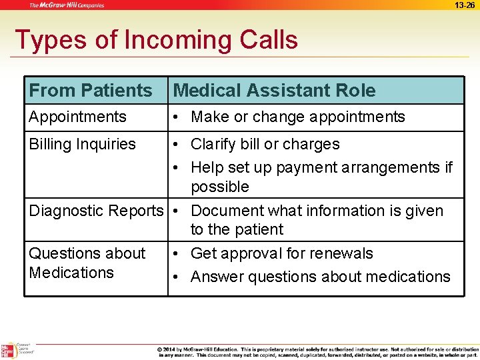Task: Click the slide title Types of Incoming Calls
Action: pyautogui.click(x=156, y=40)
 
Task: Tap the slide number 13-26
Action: pyautogui.click(x=465, y=5)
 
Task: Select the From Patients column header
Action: pyautogui.click(x=91, y=91)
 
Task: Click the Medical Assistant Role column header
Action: pyautogui.click(x=274, y=91)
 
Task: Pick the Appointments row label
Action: pyautogui.click(x=77, y=117)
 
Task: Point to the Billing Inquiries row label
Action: pyautogui.click(x=82, y=144)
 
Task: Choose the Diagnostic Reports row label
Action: pyautogui.click(x=95, y=211)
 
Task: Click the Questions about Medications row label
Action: pyautogui.click(x=87, y=263)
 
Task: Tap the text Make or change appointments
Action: pyautogui.click(x=297, y=117)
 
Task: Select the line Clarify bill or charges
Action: pyautogui.click(x=265, y=144)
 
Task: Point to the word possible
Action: pyautogui.click(x=219, y=187)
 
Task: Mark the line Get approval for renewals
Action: pyautogui.click(x=281, y=253)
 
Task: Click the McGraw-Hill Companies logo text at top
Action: pyautogui.click(x=66, y=5)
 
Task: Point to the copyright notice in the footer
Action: pyautogui.click(x=317, y=351)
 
